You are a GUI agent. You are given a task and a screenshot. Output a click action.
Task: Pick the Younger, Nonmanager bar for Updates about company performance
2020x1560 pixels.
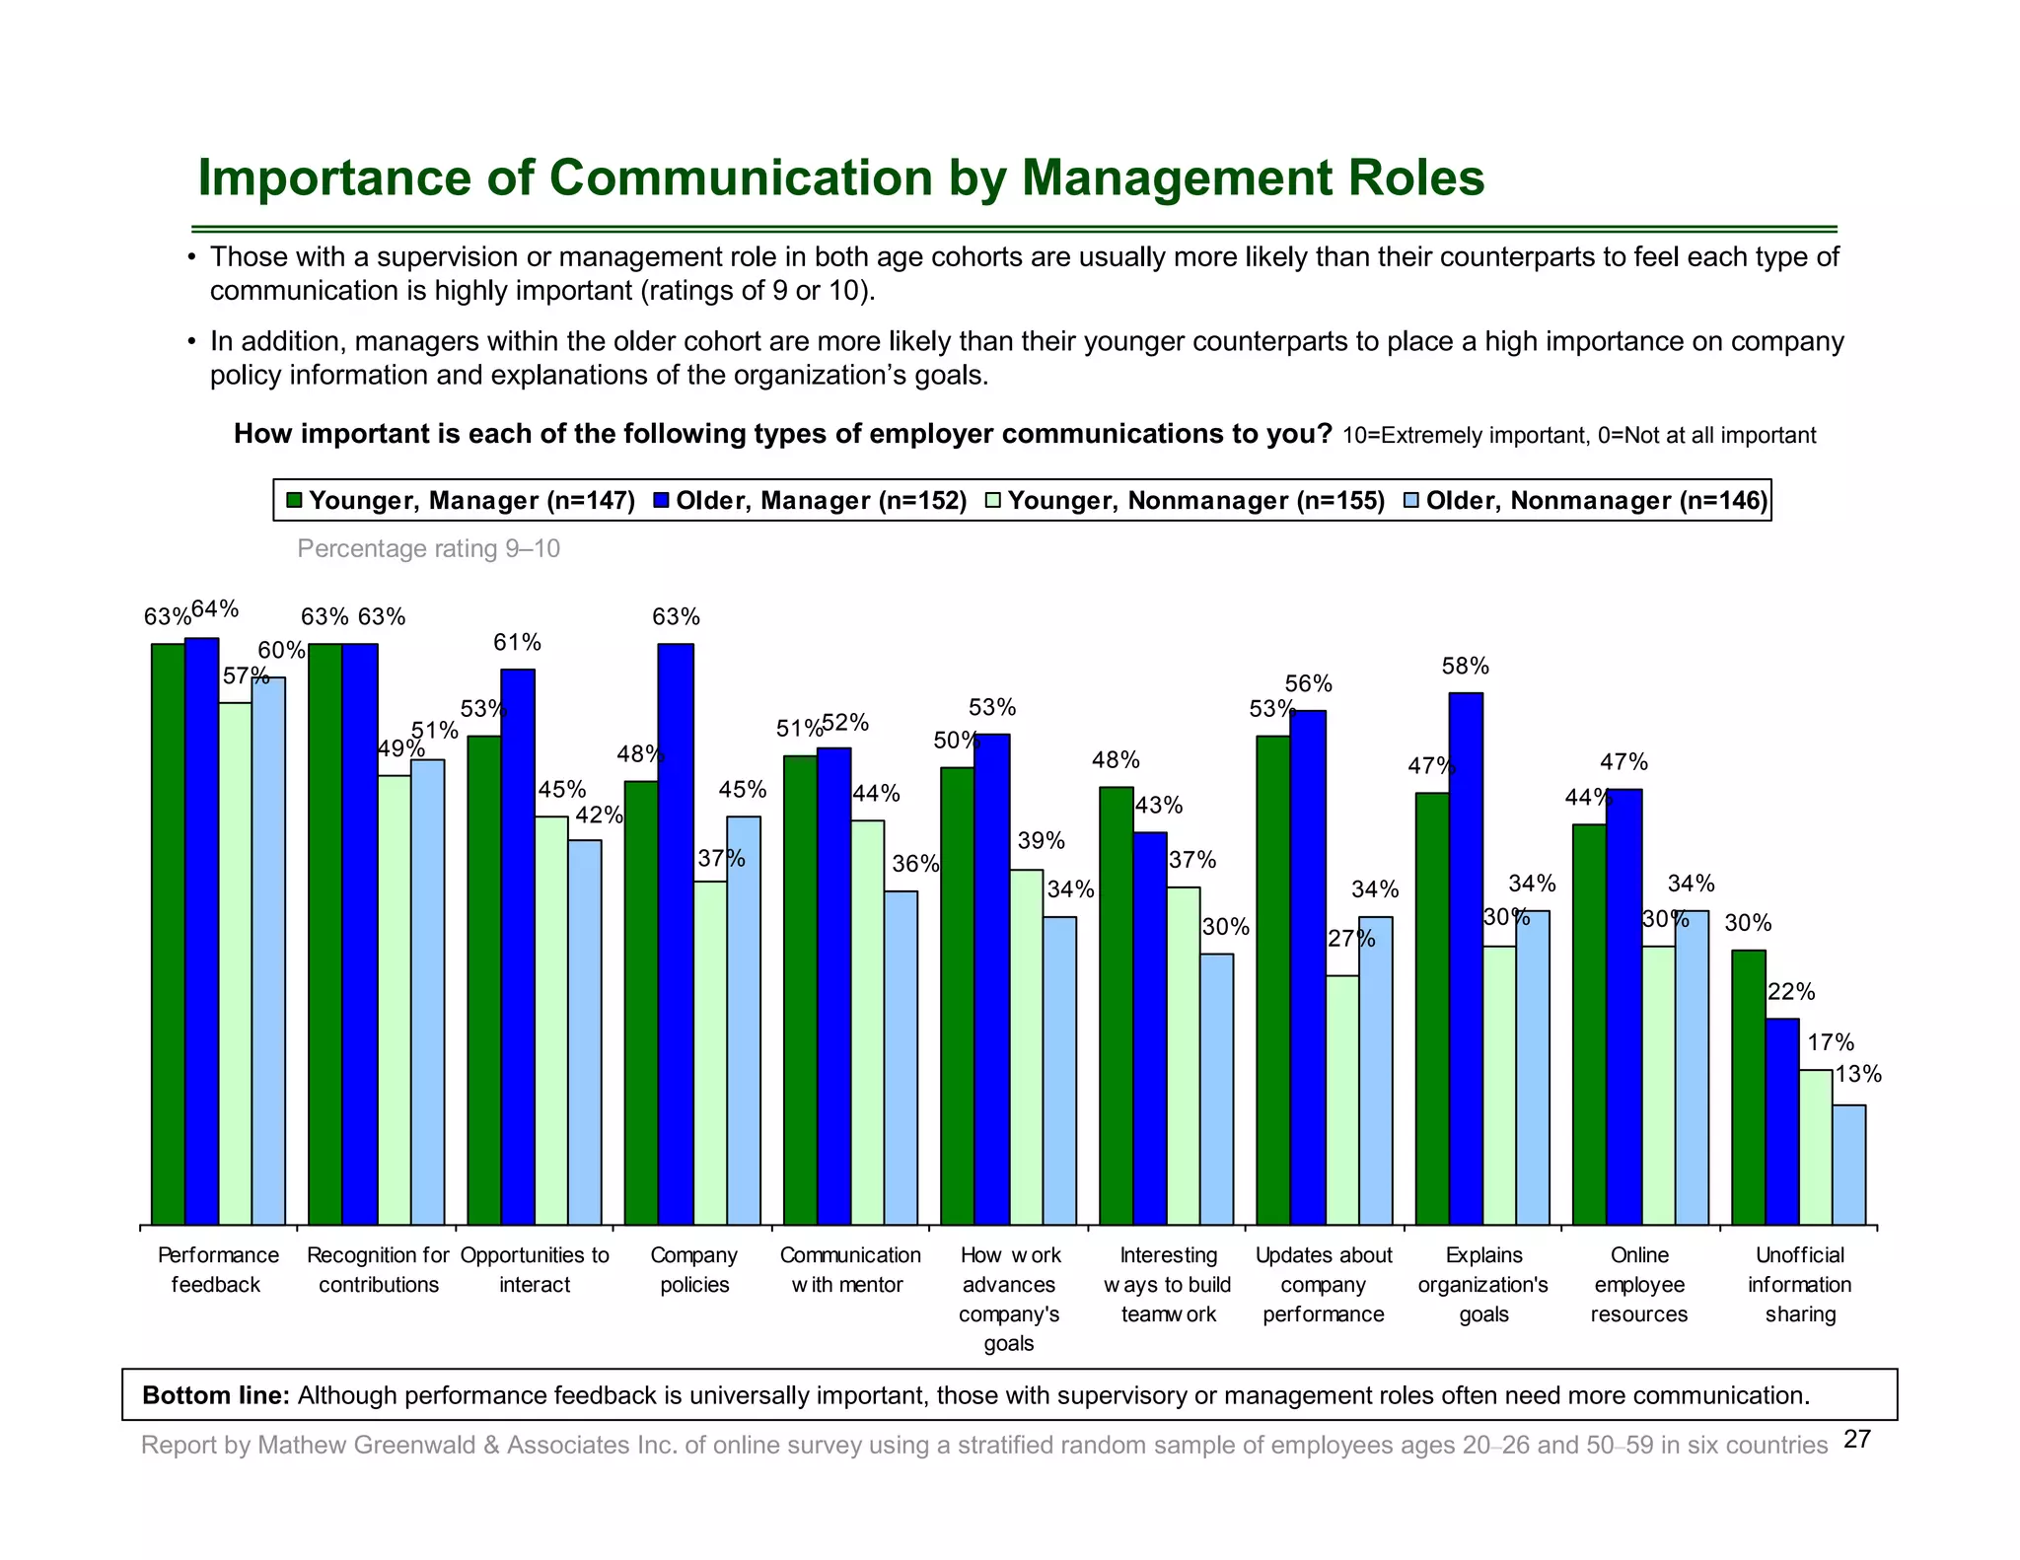click(x=1342, y=1099)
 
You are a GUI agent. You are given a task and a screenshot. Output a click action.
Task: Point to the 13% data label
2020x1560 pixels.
click(x=1857, y=1075)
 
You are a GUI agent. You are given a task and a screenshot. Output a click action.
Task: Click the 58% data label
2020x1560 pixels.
click(x=1465, y=667)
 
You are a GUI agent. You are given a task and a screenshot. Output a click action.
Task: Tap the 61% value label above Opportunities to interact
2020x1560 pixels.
click(x=517, y=643)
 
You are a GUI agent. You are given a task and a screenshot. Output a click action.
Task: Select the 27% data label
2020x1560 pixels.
click(x=1350, y=939)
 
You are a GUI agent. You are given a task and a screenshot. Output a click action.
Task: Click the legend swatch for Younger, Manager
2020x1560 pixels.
click(x=294, y=501)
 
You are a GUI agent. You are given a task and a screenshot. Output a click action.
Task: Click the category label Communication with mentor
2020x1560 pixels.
click(x=849, y=1269)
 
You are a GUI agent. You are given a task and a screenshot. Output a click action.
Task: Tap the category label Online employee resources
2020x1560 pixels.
click(x=1639, y=1284)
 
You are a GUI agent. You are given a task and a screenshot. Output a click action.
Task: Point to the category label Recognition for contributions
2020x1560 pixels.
click(x=378, y=1269)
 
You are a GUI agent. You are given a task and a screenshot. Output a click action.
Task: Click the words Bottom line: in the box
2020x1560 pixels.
click(x=215, y=1395)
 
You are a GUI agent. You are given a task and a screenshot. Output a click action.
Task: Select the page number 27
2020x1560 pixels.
click(x=1857, y=1440)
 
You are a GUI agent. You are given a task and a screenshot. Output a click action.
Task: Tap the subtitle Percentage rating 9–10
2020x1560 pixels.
click(x=428, y=548)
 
